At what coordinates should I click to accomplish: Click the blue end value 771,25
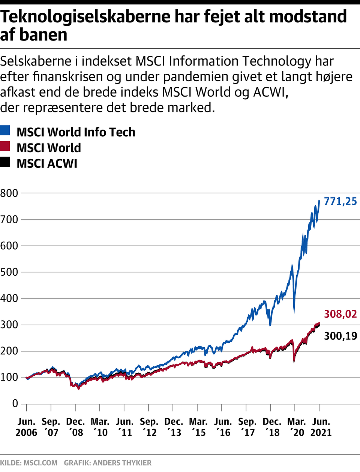pyautogui.click(x=340, y=202)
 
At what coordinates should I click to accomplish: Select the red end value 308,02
pyautogui.click(x=340, y=314)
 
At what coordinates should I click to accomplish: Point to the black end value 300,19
pyautogui.click(x=340, y=336)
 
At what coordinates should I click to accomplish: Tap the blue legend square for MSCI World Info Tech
pyautogui.click(x=5, y=131)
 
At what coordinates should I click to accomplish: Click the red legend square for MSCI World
pyautogui.click(x=5, y=146)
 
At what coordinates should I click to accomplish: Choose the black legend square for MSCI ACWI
pyautogui.click(x=5, y=162)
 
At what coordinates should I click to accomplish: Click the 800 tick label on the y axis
pyautogui.click(x=9, y=193)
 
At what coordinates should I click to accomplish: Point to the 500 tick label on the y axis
pyautogui.click(x=9, y=272)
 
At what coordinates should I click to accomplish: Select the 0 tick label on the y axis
pyautogui.click(x=15, y=403)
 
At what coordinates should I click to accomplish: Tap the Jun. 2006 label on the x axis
pyautogui.click(x=26, y=427)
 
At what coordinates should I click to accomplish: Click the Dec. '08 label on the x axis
pyautogui.click(x=75, y=427)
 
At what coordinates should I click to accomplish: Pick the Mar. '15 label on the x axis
pyautogui.click(x=198, y=427)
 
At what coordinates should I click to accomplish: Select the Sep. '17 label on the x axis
pyautogui.click(x=247, y=427)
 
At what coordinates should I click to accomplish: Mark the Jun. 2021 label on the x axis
pyautogui.click(x=321, y=427)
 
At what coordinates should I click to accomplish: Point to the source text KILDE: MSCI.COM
pyautogui.click(x=29, y=463)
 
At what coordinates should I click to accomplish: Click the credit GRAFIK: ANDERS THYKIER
pyautogui.click(x=108, y=463)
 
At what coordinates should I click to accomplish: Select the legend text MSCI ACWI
pyautogui.click(x=47, y=164)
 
